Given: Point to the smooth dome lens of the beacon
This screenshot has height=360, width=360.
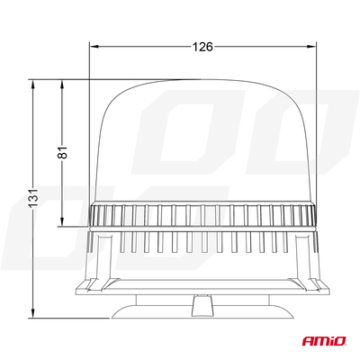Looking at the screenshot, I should (x=203, y=144).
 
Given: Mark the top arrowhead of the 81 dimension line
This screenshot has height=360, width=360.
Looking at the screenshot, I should (x=61, y=85).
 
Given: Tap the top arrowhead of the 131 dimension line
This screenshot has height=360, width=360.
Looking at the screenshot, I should (x=32, y=85).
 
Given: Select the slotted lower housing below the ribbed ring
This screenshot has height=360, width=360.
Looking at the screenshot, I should (x=203, y=245).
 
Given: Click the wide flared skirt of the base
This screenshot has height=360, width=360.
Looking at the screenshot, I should (x=203, y=284).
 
